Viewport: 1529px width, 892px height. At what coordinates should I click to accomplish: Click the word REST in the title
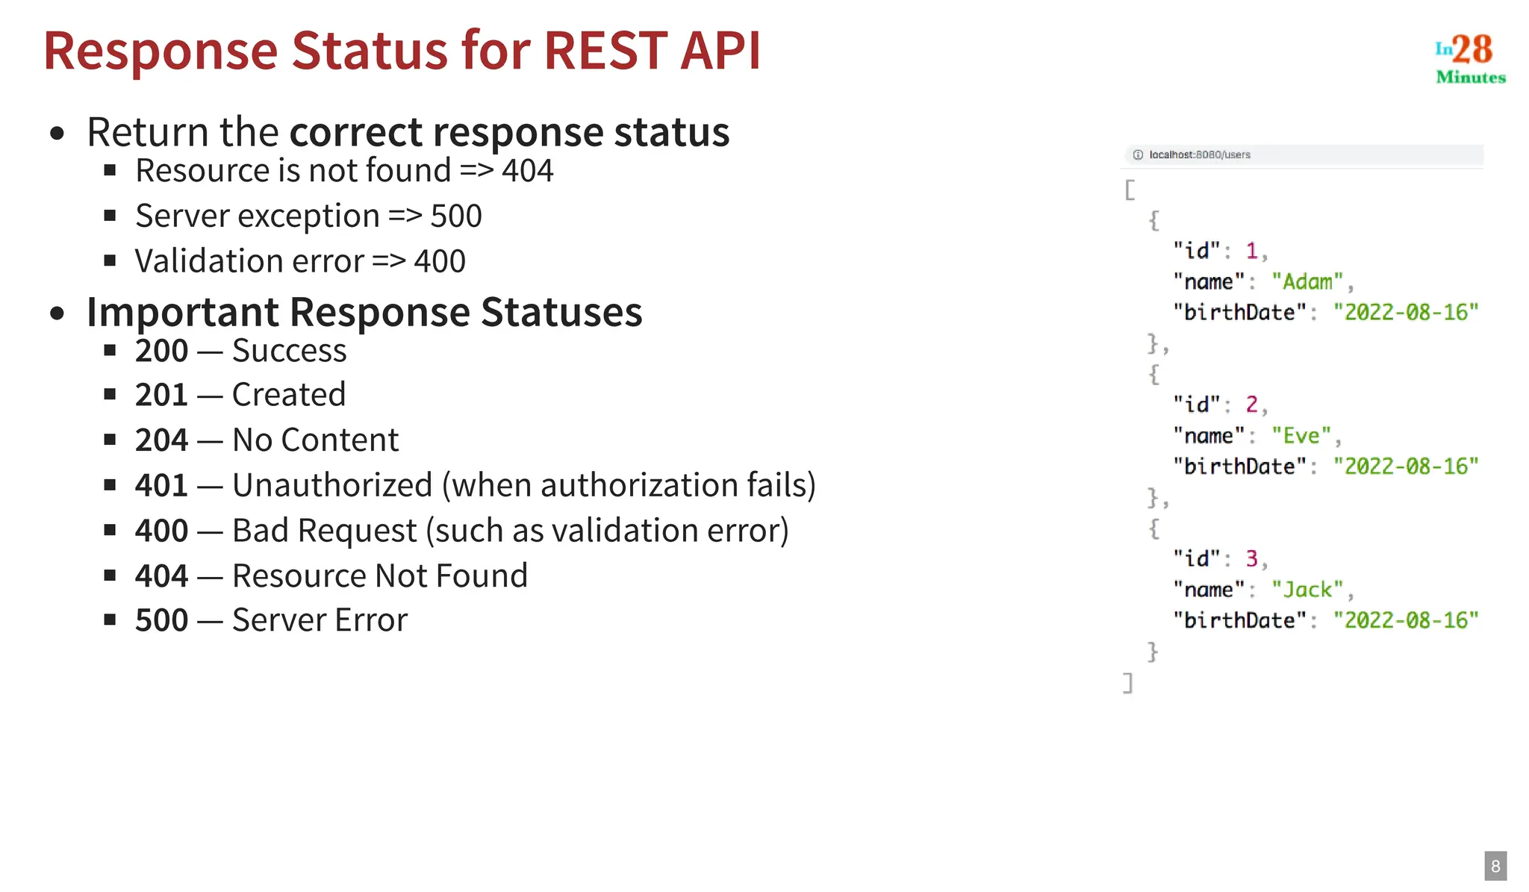click(x=605, y=51)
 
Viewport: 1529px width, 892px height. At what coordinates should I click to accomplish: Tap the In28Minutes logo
click(x=1469, y=58)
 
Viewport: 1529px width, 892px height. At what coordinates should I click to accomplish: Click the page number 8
click(x=1495, y=866)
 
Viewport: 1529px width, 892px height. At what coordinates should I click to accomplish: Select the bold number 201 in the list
click(x=161, y=395)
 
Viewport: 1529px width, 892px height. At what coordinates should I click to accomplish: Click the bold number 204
click(x=161, y=440)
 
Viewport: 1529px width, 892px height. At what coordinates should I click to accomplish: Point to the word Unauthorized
click(x=332, y=485)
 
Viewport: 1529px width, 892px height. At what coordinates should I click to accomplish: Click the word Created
click(x=289, y=395)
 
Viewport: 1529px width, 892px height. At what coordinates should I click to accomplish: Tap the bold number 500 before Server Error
click(x=161, y=620)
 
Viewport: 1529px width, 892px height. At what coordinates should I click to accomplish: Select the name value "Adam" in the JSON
click(x=1307, y=282)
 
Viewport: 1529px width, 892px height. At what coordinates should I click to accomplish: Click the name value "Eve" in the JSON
click(x=1301, y=436)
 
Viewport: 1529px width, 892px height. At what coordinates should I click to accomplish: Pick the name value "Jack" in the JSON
click(x=1307, y=590)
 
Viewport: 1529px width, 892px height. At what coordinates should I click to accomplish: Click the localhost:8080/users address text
click(x=1199, y=155)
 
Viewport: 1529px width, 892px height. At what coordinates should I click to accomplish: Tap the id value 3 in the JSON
click(x=1252, y=558)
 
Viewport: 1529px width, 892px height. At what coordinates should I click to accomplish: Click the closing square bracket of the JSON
click(x=1128, y=682)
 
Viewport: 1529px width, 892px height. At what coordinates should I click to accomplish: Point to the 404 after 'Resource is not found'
click(x=527, y=171)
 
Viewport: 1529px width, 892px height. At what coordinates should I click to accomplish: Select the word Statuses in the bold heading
click(x=561, y=312)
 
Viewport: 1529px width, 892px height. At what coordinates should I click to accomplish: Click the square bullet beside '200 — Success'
click(x=110, y=350)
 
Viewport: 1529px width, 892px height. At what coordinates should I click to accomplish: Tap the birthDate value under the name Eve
click(x=1406, y=467)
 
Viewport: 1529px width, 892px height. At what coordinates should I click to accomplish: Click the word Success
click(x=289, y=351)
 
